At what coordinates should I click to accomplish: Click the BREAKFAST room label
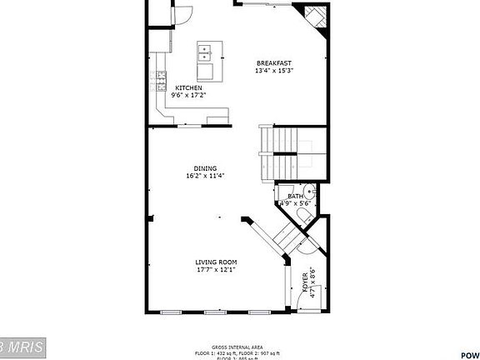273,62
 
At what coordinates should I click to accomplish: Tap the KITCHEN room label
189,87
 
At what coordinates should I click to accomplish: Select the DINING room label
205,167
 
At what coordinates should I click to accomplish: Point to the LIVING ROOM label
217,262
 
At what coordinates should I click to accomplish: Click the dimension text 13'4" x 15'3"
274,71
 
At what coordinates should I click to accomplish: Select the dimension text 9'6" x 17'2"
189,95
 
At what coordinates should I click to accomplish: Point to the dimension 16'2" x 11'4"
205,176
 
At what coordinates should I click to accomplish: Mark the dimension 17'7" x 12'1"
217,270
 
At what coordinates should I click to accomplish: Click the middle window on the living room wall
215,312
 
